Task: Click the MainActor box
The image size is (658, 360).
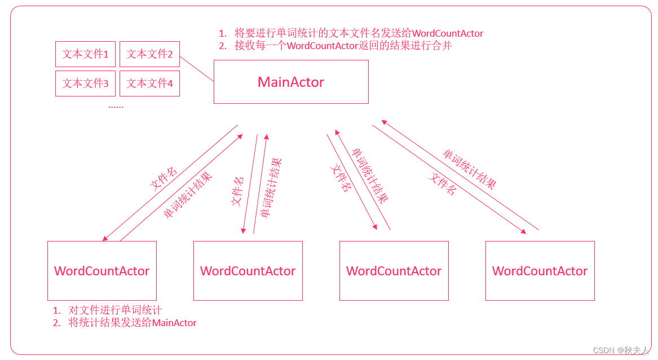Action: (291, 82)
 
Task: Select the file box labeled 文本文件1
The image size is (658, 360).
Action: (85, 54)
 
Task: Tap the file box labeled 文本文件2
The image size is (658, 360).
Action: (149, 54)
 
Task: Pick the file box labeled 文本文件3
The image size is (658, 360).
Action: (85, 84)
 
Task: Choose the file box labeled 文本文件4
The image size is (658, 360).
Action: (149, 84)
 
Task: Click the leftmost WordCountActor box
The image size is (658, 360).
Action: (101, 271)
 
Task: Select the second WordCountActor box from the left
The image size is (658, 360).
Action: (248, 271)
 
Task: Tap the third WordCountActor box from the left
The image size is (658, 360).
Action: (394, 271)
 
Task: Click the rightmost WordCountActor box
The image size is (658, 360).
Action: (540, 271)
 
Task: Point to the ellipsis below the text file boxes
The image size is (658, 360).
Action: (116, 106)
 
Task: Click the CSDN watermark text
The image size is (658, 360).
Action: (621, 350)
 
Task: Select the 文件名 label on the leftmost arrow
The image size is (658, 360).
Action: (164, 178)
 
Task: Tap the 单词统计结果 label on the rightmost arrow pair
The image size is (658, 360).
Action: (470, 169)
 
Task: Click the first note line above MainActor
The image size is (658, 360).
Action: (351, 33)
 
